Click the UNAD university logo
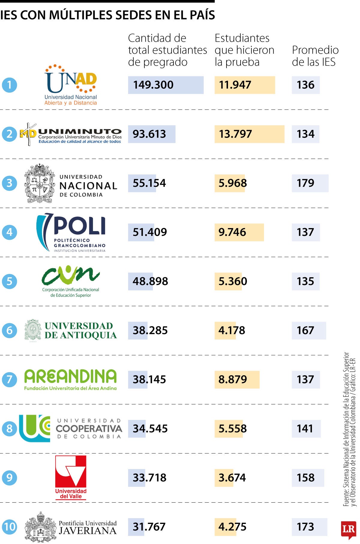click(x=71, y=85)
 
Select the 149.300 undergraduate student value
click(x=153, y=85)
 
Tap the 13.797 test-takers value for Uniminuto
click(x=235, y=134)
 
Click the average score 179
click(x=305, y=183)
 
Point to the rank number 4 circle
click(x=9, y=232)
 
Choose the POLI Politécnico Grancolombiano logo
click(x=71, y=232)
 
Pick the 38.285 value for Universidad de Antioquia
click(x=150, y=330)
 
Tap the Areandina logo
click(x=70, y=379)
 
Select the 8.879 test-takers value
click(x=232, y=379)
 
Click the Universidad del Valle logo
click(x=71, y=477)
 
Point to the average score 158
click(x=305, y=477)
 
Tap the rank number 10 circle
click(x=9, y=527)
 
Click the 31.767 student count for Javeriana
click(x=149, y=527)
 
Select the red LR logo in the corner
click(x=348, y=530)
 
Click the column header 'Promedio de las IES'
click(x=315, y=56)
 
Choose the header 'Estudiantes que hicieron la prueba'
click(x=244, y=50)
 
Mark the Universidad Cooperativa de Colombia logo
click(x=71, y=429)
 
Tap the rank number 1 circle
click(x=9, y=85)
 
